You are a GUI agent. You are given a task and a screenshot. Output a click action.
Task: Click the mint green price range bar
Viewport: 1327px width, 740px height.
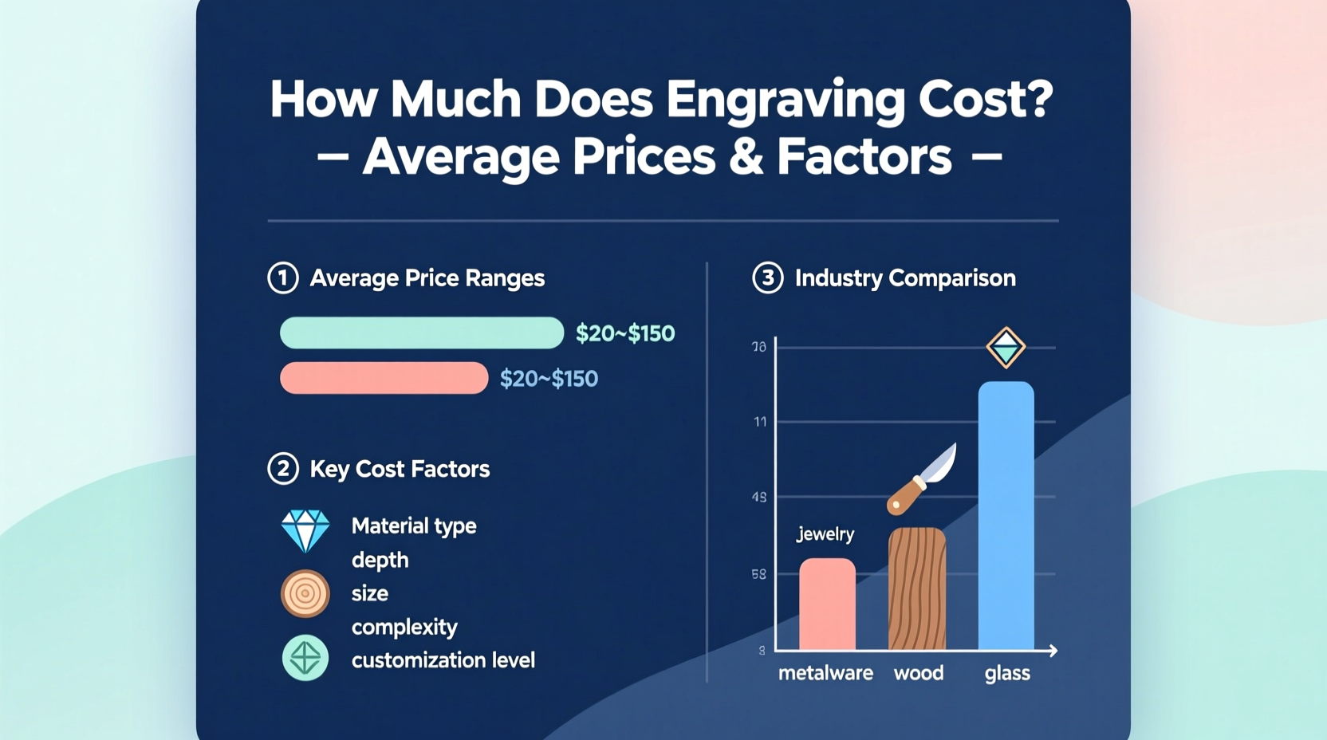coord(421,333)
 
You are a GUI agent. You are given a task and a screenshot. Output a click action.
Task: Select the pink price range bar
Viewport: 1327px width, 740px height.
coord(384,378)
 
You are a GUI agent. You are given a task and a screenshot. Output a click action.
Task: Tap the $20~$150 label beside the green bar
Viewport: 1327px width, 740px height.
coord(625,333)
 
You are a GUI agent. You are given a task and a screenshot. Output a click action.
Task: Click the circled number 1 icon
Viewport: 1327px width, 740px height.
coord(282,278)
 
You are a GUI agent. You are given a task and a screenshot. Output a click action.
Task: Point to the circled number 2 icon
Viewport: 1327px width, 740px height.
coord(282,469)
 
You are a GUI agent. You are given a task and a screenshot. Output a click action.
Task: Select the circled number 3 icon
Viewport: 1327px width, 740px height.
coord(767,278)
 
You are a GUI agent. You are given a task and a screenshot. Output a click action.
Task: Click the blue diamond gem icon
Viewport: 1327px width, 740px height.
coord(305,530)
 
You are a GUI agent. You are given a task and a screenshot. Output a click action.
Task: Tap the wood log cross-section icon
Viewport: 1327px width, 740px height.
coord(305,594)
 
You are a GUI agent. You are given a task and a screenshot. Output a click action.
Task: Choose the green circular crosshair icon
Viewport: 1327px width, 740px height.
coord(305,658)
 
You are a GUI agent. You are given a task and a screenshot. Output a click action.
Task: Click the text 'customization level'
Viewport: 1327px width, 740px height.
coord(443,660)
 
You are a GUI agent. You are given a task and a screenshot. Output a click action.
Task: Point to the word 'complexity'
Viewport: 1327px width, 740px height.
coord(404,627)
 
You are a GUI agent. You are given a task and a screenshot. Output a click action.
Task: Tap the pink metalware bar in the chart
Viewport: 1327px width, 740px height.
coord(827,604)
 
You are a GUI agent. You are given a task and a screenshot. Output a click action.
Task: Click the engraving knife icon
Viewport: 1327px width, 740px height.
coord(923,478)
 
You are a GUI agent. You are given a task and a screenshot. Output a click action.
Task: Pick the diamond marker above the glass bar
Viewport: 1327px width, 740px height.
coord(1006,348)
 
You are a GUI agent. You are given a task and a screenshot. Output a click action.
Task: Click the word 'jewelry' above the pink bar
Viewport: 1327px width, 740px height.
coord(825,534)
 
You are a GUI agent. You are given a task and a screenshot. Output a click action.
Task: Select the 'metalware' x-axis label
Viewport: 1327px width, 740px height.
coord(825,673)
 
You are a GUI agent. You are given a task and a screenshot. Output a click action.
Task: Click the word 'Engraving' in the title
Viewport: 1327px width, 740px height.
coord(786,100)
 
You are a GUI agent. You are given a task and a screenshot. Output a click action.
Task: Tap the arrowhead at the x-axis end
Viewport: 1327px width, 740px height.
coord(1053,651)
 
